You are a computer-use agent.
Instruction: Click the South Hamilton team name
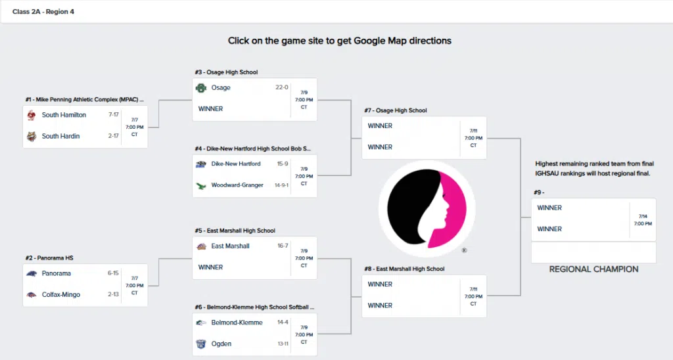[x=64, y=115]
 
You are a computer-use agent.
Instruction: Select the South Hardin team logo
[x=32, y=137]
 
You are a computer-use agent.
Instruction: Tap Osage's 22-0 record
[x=281, y=87]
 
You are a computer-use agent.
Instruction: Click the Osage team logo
[x=201, y=88]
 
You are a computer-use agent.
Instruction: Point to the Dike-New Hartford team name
[x=235, y=164]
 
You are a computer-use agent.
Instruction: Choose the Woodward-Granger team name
[x=237, y=185]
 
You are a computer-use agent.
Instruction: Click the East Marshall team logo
[x=201, y=246]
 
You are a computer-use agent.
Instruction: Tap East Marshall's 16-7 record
[x=283, y=246]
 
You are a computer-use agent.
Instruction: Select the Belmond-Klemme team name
[x=237, y=323]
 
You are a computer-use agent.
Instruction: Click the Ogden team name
[x=221, y=344]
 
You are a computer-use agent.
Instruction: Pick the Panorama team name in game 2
[x=56, y=273]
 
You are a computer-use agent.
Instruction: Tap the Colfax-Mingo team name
[x=60, y=295]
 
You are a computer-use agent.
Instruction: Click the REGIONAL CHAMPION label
[x=593, y=269]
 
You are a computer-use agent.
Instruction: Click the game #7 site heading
[x=394, y=110]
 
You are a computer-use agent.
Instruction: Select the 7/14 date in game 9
[x=643, y=215]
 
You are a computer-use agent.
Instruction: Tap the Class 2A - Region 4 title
[x=43, y=12]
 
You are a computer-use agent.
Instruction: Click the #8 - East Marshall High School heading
[x=404, y=269]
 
